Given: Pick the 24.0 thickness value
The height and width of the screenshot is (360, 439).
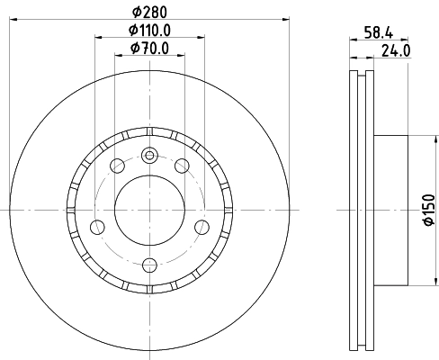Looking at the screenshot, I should tap(396, 50).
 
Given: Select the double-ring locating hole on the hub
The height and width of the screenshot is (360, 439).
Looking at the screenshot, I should tap(148, 154).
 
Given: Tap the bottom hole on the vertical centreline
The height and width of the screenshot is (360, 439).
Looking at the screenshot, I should tap(148, 264).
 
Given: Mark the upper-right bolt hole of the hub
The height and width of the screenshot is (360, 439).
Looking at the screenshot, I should tap(182, 165).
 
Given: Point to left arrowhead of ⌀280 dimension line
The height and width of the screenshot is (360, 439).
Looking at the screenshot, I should tap(20, 17).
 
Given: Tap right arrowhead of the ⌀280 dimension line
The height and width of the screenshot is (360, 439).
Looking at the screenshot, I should tap(278, 17).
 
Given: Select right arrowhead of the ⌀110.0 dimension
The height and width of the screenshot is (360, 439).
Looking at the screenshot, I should tap(199, 37).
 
